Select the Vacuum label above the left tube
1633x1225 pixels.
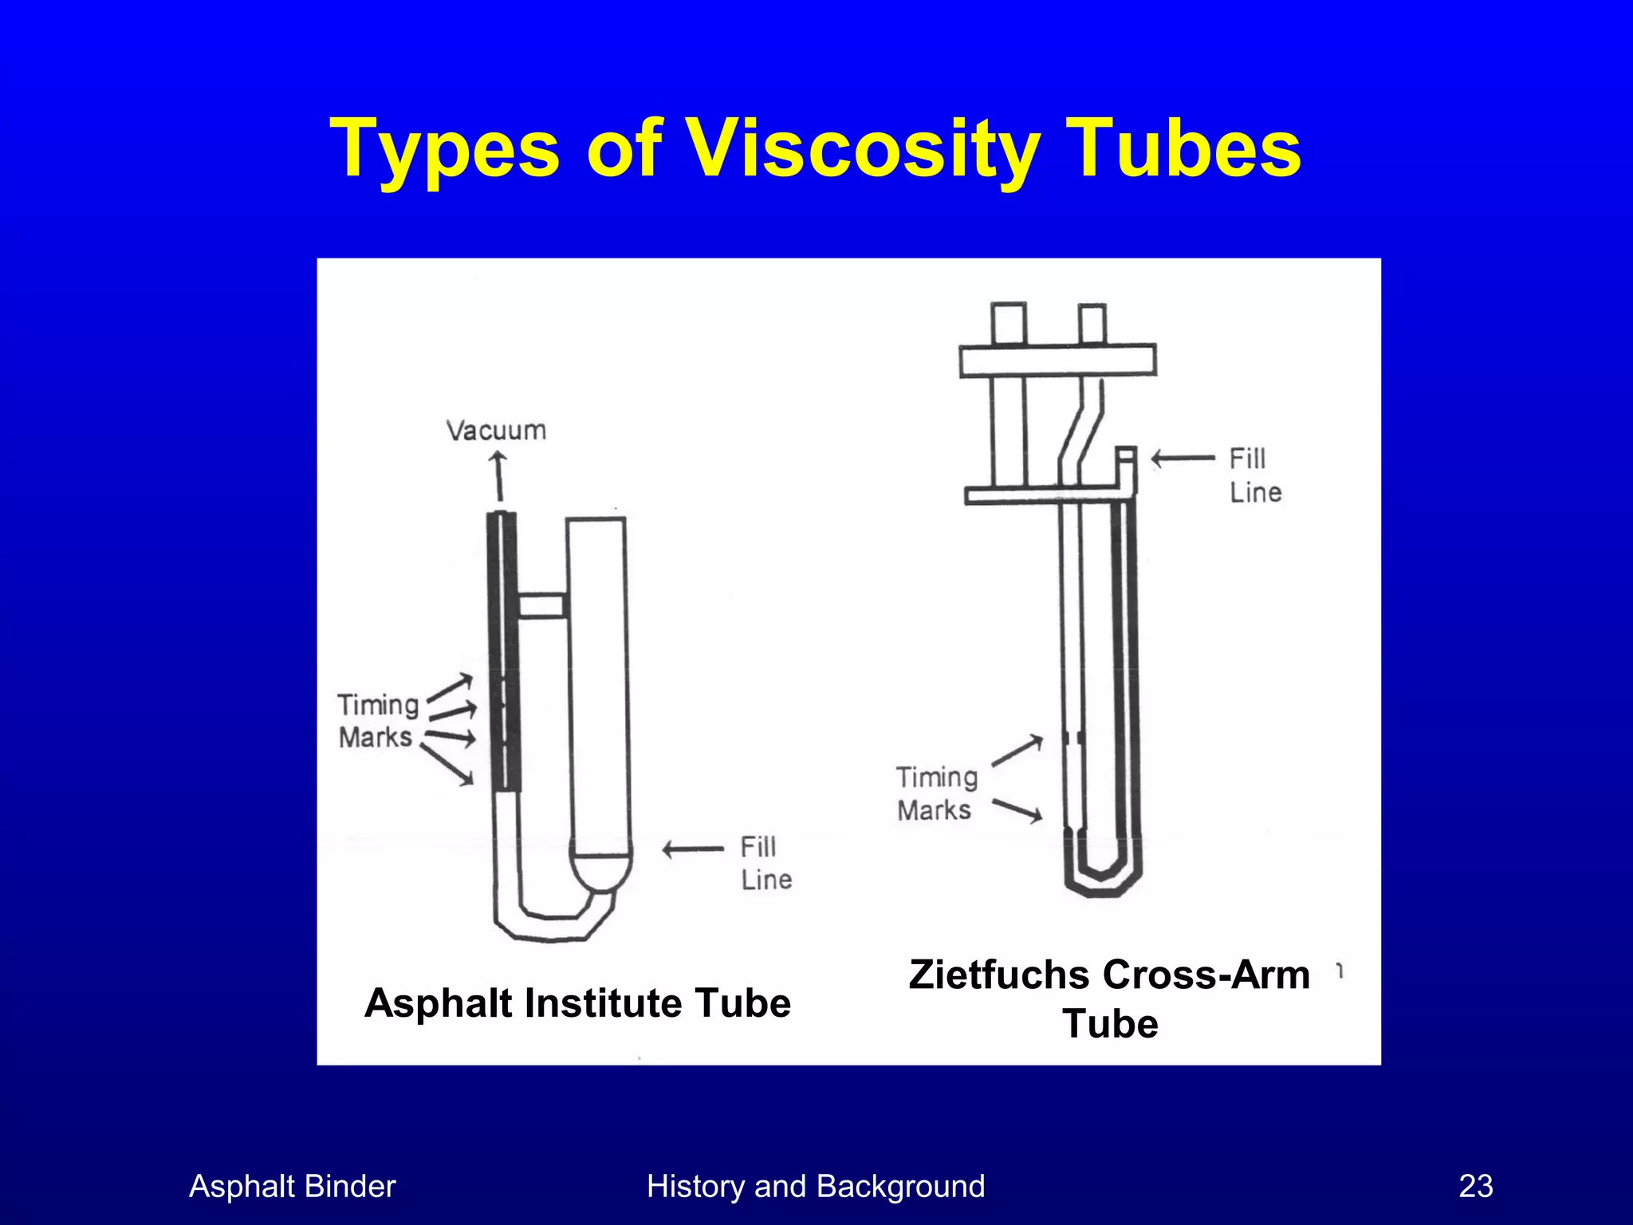[x=496, y=431]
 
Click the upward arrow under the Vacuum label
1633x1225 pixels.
[x=499, y=475]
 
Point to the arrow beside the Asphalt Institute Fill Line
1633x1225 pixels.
[x=692, y=849]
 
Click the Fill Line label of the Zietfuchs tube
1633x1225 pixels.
[x=1254, y=475]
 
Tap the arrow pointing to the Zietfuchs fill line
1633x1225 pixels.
[x=1182, y=459]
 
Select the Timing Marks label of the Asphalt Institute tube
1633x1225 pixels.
[x=377, y=720]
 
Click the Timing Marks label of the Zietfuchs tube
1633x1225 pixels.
[x=936, y=794]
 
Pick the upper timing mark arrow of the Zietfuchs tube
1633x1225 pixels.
[x=1017, y=750]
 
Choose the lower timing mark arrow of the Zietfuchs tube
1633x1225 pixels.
[x=1017, y=810]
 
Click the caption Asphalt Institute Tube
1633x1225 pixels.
[x=577, y=1002]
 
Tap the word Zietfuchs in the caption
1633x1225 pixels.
[x=1000, y=975]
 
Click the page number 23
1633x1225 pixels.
[x=1475, y=1186]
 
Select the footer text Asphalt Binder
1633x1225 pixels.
[x=292, y=1186]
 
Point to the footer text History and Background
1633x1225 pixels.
[x=816, y=1186]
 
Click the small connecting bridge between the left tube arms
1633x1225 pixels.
[x=542, y=605]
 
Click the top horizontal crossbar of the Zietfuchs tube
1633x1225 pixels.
[x=1057, y=360]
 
